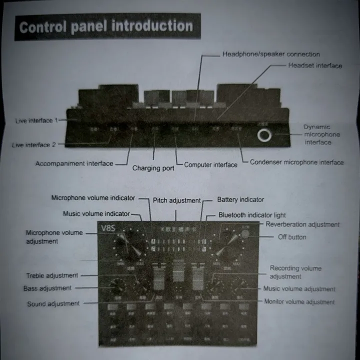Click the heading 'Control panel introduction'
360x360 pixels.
click(x=106, y=26)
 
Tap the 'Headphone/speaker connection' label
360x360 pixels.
click(x=270, y=54)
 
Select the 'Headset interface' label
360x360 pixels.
click(x=315, y=65)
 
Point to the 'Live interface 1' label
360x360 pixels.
click(x=36, y=121)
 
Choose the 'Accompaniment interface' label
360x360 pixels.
click(x=74, y=163)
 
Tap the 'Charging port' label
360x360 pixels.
click(x=153, y=168)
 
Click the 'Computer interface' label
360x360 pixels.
click(x=210, y=164)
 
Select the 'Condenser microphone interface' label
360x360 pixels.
click(x=296, y=162)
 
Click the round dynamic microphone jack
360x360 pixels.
click(x=264, y=135)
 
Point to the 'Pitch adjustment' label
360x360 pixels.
click(x=176, y=200)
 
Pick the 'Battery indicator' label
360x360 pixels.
click(x=240, y=199)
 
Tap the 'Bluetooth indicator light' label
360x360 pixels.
click(x=252, y=215)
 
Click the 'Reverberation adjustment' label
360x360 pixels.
click(x=302, y=224)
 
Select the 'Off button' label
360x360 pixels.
click(x=292, y=237)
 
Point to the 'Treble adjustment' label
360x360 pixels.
click(x=52, y=275)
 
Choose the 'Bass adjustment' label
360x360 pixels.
click(x=47, y=288)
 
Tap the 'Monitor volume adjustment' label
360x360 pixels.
click(x=299, y=301)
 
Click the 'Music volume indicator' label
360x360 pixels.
click(x=96, y=214)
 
